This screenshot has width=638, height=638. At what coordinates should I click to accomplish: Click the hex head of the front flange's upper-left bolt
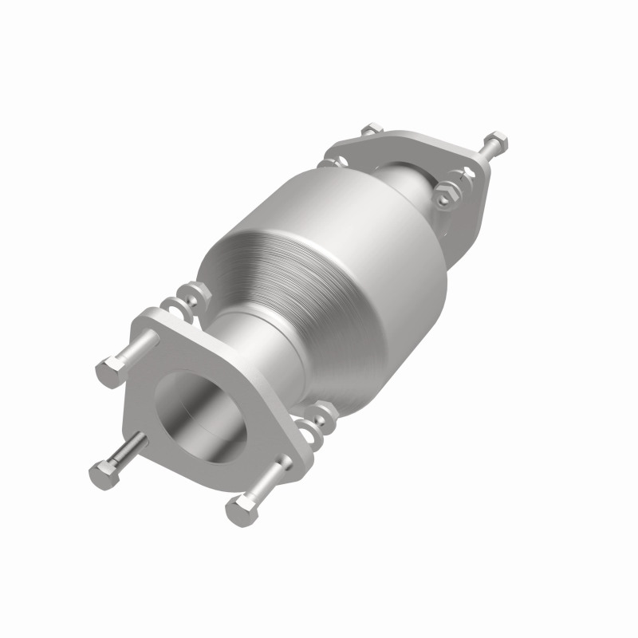point(111,372)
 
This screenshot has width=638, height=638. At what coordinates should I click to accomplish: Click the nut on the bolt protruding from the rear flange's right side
point(495,141)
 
